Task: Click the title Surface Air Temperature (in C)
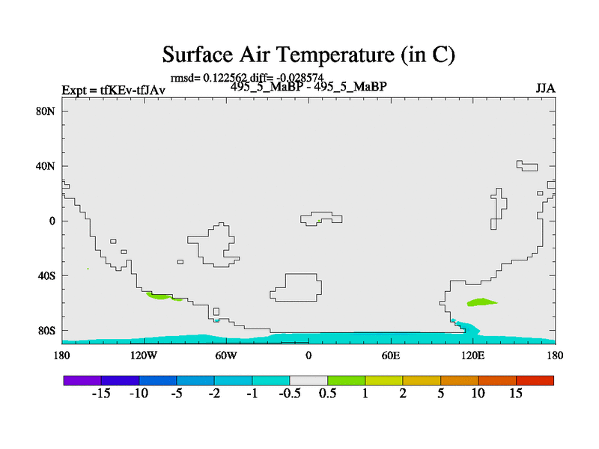pyautogui.click(x=308, y=55)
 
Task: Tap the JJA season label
pyautogui.click(x=545, y=88)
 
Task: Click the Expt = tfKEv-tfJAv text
pyautogui.click(x=114, y=91)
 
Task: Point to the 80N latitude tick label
pyautogui.click(x=46, y=112)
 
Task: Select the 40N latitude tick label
pyautogui.click(x=46, y=166)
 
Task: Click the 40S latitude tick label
pyautogui.click(x=46, y=275)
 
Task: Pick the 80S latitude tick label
pyautogui.click(x=46, y=331)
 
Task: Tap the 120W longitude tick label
pyautogui.click(x=144, y=356)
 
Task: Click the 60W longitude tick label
pyautogui.click(x=226, y=356)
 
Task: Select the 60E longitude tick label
pyautogui.click(x=391, y=356)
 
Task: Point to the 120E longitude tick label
pyautogui.click(x=473, y=356)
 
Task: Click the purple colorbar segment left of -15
pyautogui.click(x=82, y=380)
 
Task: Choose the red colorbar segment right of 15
pyautogui.click(x=535, y=380)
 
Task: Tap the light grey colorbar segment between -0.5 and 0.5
pyautogui.click(x=308, y=380)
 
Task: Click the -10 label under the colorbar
pyautogui.click(x=139, y=394)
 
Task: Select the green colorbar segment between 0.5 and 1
pyautogui.click(x=346, y=380)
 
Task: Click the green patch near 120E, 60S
pyautogui.click(x=481, y=302)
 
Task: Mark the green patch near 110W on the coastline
pyautogui.click(x=159, y=296)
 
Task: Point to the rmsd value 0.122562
pyautogui.click(x=225, y=78)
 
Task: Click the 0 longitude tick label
pyautogui.click(x=308, y=356)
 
